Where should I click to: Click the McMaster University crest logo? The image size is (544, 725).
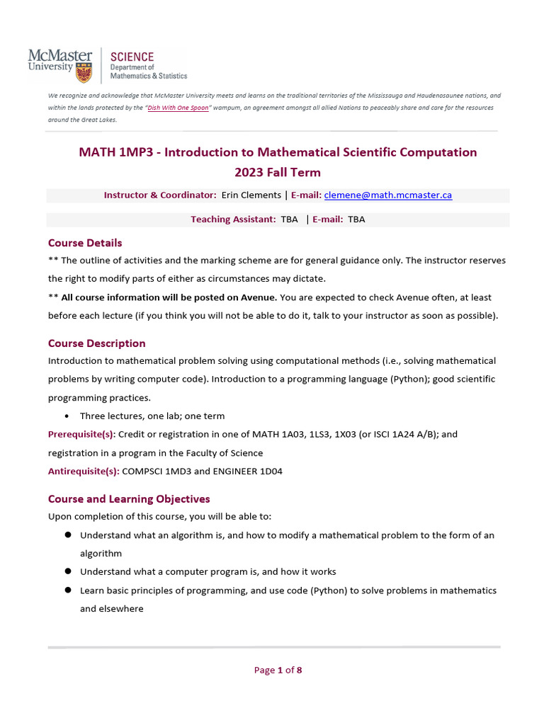pyautogui.click(x=84, y=72)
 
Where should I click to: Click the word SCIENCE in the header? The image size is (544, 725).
pyautogui.click(x=131, y=56)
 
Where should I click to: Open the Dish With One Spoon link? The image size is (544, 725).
pyautogui.click(x=178, y=108)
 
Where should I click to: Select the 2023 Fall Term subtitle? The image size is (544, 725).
pyautogui.click(x=278, y=172)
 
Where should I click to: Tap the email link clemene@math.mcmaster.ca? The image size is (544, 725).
pyautogui.click(x=388, y=195)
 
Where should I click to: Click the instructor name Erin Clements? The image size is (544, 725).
pyautogui.click(x=251, y=195)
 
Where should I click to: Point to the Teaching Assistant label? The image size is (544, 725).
pyautogui.click(x=233, y=219)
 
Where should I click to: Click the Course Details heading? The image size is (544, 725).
pyautogui.click(x=85, y=243)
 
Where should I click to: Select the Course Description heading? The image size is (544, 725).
pyautogui.click(x=96, y=343)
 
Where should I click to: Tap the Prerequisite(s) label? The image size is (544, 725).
pyautogui.click(x=81, y=434)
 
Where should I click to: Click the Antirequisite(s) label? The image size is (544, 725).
pyautogui.click(x=84, y=471)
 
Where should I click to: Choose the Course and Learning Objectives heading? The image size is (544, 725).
pyautogui.click(x=129, y=499)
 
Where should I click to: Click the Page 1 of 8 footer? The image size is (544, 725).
pyautogui.click(x=278, y=670)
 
